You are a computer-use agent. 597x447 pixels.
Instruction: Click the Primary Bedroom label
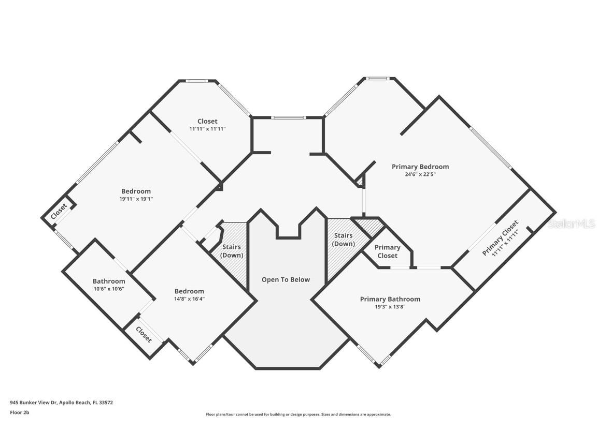tap(420, 167)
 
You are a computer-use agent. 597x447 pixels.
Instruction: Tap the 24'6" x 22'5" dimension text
tap(420, 174)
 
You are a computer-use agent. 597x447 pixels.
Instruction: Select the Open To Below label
tap(286, 280)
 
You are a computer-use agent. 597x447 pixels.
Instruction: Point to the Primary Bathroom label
tap(390, 299)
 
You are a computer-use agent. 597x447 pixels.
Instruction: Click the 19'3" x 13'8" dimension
tap(390, 307)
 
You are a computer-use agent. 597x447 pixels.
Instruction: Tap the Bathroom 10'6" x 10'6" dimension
tap(109, 289)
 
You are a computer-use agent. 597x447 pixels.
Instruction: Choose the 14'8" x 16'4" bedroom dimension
tap(189, 299)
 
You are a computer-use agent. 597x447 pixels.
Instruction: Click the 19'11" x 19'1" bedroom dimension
tap(136, 199)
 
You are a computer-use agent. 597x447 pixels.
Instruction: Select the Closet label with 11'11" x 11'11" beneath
tap(207, 121)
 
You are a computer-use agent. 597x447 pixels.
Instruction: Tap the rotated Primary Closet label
tap(500, 237)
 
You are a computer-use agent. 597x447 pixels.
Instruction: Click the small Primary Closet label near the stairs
tap(388, 251)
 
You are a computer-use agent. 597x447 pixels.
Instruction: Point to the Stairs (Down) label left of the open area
tap(232, 251)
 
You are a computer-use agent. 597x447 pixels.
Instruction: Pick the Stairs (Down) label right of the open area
tap(344, 240)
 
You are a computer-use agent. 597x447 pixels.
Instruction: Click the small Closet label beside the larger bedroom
tap(59, 211)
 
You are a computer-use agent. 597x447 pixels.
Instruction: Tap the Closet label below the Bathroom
tap(144, 335)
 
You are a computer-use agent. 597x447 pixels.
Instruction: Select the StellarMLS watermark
tap(572, 224)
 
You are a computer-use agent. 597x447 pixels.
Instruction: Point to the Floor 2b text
tap(19, 412)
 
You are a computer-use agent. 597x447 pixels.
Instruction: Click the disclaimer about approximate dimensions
tap(298, 415)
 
